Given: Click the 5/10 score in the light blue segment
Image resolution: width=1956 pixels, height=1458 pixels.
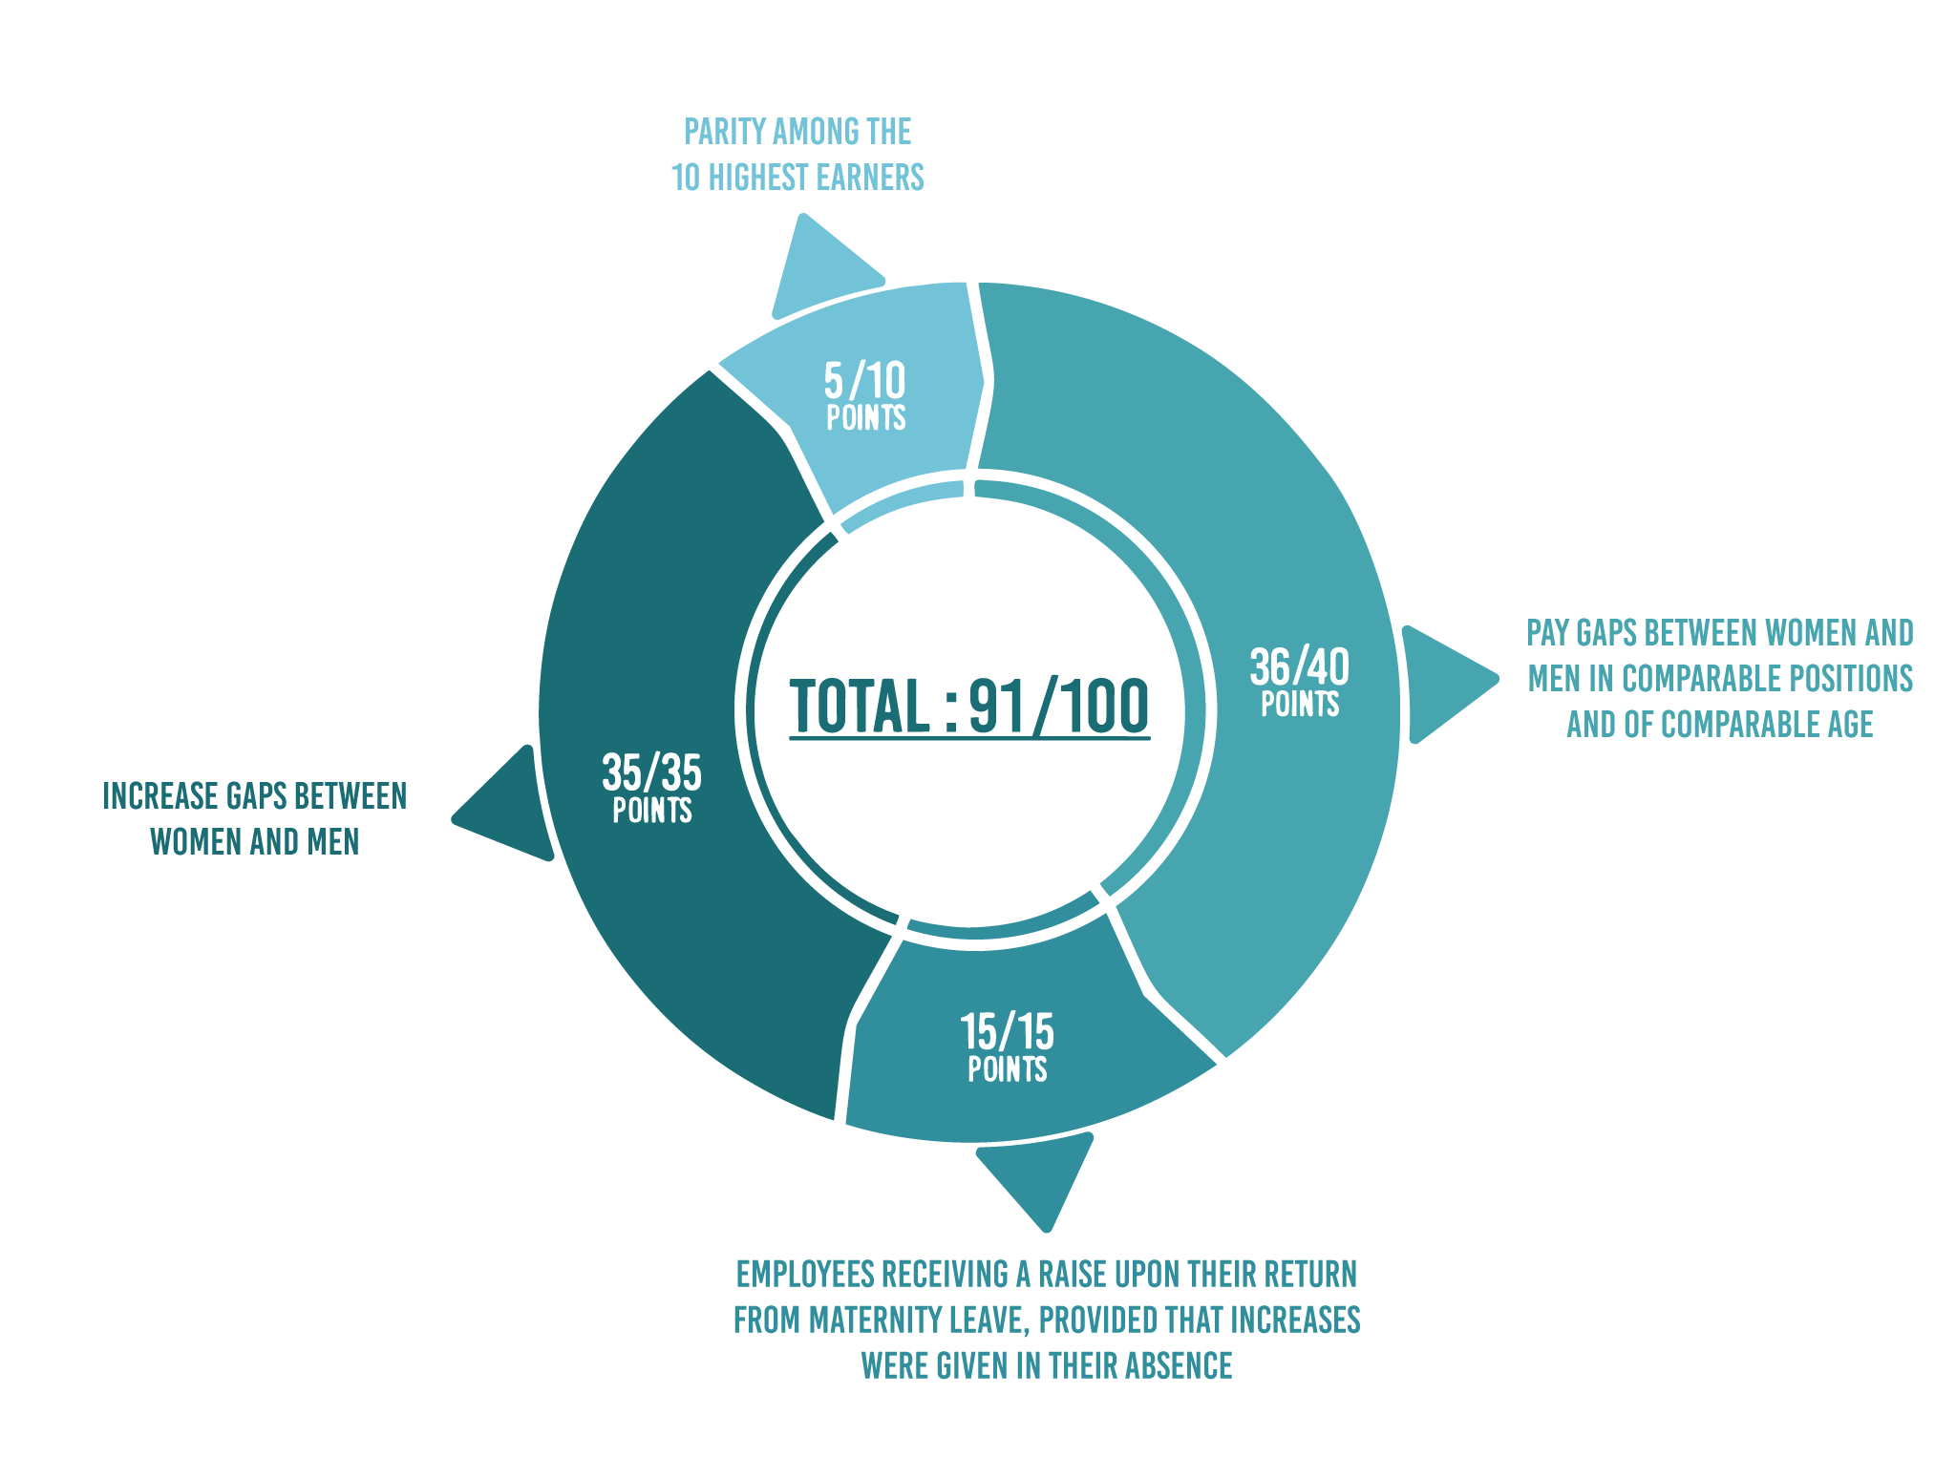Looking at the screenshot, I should point(864,381).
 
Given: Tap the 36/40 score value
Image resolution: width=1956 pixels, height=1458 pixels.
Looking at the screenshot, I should point(1299,666).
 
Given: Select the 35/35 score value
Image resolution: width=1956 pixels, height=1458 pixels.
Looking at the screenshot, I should point(651,772).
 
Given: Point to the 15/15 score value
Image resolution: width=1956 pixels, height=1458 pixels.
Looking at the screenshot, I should point(1007,1031).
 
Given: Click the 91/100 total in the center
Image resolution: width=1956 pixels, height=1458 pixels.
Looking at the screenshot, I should point(1058,707).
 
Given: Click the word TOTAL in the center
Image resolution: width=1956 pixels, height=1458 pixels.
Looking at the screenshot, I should point(859,707).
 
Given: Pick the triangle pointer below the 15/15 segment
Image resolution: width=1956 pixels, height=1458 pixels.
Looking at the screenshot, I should point(1039,1175).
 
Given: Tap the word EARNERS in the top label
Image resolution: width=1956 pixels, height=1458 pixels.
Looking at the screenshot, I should point(870,178).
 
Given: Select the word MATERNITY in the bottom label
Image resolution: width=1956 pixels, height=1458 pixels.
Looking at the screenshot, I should point(876,1320).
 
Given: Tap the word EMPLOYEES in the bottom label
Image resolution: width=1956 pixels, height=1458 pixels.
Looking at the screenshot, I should point(805,1274).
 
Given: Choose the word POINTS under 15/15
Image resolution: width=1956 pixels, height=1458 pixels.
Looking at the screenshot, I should point(1007,1069).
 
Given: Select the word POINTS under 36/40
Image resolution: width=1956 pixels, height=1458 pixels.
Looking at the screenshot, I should point(1299,705).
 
